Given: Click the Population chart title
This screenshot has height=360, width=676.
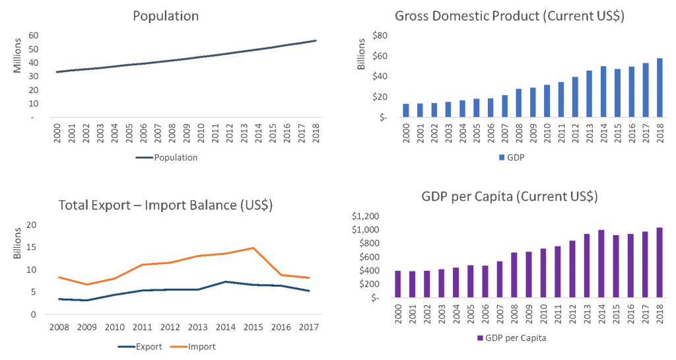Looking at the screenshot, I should coord(166,16).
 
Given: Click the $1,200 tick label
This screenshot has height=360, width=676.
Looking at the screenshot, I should coord(366,216).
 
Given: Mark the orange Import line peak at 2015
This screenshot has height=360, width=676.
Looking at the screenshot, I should coord(253,248).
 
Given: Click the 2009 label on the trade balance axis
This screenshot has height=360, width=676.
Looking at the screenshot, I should coord(86,326).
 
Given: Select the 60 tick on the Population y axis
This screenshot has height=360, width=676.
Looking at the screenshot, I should coord(32,36).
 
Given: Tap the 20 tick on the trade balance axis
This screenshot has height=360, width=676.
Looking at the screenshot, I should coord(31,225).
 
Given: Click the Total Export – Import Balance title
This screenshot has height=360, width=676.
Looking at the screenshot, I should coord(166,205).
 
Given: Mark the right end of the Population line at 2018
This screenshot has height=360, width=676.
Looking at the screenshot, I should coord(316,41).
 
